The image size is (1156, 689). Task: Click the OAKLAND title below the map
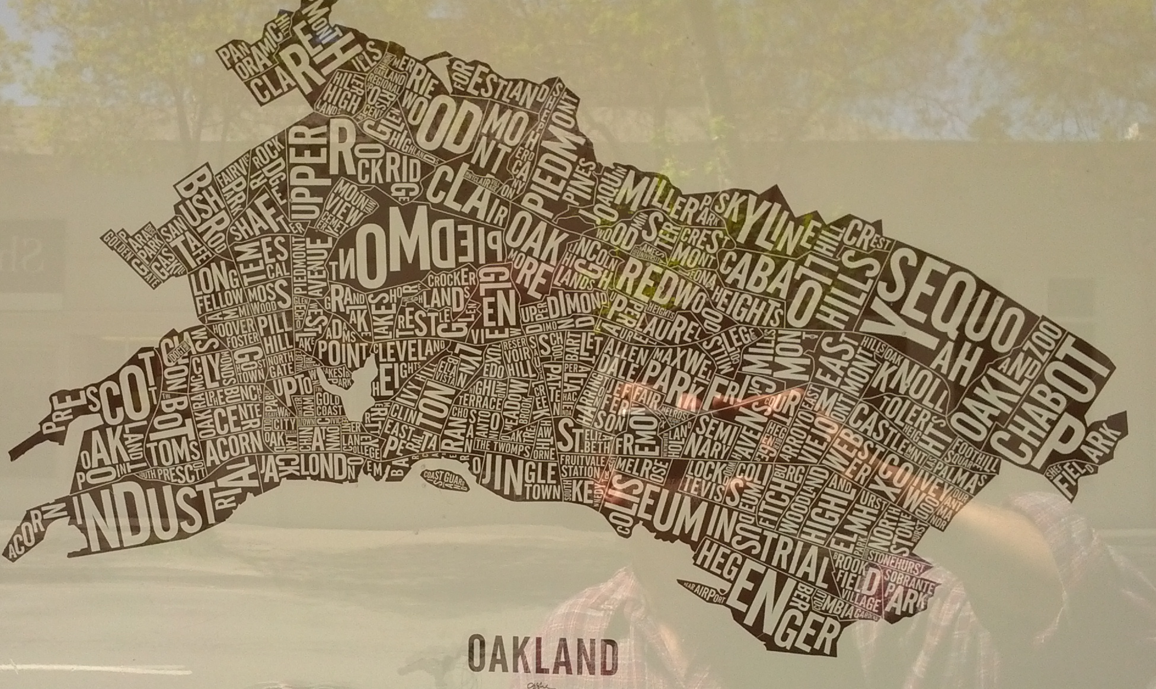[x=542, y=653]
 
